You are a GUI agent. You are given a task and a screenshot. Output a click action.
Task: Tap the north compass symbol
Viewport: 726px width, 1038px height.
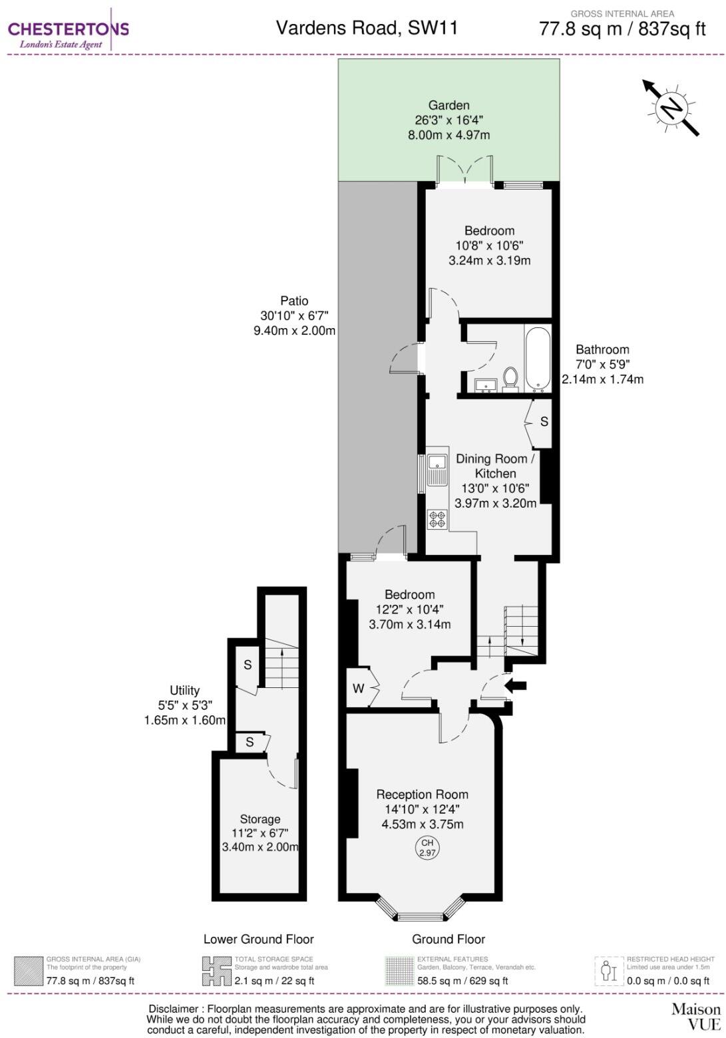click(671, 108)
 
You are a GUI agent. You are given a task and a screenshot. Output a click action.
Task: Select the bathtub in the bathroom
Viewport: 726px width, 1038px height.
click(538, 358)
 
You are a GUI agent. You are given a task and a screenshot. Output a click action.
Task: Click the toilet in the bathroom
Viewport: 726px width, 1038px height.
click(510, 379)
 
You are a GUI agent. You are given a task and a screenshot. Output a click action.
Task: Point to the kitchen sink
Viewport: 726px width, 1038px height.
click(437, 469)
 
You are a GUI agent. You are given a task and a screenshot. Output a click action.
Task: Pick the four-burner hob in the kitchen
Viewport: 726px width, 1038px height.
click(437, 519)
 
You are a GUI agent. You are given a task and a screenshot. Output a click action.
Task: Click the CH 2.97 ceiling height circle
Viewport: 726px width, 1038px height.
click(427, 847)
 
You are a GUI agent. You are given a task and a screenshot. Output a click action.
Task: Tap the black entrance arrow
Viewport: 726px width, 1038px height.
click(516, 685)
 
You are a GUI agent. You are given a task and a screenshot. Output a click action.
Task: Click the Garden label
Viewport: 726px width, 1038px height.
click(449, 105)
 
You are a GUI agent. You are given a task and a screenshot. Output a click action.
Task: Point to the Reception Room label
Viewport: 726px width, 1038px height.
click(422, 794)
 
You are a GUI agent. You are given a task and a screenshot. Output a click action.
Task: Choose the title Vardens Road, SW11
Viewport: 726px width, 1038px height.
click(367, 28)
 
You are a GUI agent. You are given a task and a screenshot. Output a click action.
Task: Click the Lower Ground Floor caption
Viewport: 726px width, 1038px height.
click(258, 939)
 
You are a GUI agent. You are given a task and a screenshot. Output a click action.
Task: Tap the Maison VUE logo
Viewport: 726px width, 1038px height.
click(696, 1016)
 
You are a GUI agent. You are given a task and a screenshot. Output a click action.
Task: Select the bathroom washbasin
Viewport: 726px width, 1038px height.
click(485, 385)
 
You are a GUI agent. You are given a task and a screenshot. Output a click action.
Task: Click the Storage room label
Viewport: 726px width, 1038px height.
click(260, 819)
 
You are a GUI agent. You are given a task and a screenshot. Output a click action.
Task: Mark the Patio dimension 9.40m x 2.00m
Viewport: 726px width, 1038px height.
click(294, 331)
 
